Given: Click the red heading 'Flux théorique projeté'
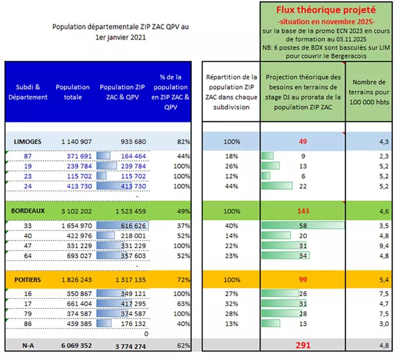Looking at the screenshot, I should click(326, 10).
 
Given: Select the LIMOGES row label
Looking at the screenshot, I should click(26, 141).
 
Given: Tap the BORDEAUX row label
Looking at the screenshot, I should click(28, 211).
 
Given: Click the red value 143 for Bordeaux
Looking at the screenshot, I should click(303, 211).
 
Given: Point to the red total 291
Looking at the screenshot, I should click(303, 345).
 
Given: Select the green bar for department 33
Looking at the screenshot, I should click(303, 226).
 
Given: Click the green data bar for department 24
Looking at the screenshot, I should click(277, 186).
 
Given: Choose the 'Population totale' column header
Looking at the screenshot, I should click(73, 92).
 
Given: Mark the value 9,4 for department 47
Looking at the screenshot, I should click(384, 246).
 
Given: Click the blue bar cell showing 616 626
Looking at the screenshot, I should click(122, 226).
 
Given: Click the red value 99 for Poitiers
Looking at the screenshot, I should click(303, 280).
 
